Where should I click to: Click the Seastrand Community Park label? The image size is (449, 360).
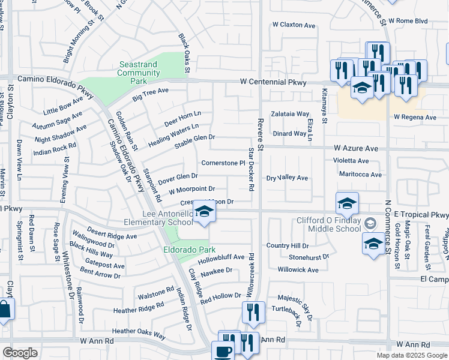pos(139,73)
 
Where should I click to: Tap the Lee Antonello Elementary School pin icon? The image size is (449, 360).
pos(204,213)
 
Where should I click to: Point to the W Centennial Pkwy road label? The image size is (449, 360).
pos(273,82)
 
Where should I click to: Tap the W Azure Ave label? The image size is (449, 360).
pos(356,148)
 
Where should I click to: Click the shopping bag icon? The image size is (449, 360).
pos(5,310)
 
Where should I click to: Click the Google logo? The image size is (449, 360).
pos(20,352)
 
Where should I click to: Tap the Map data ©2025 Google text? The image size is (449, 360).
pos(411,355)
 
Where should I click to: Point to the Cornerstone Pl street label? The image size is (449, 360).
pos(223,163)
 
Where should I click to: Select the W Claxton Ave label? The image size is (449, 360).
pos(294,25)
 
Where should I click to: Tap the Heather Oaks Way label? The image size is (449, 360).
pos(139,331)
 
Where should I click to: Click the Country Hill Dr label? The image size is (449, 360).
pos(288,245)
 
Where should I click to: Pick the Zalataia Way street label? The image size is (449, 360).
pos(290,113)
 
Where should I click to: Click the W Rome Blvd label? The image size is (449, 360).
pos(408,20)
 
